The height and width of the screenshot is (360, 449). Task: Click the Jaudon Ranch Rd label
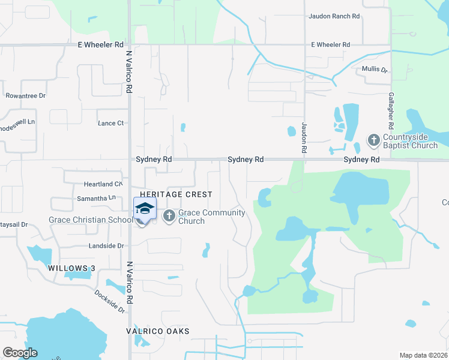333,16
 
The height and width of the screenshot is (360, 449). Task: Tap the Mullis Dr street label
375,70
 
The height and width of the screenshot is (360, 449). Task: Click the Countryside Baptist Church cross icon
373,140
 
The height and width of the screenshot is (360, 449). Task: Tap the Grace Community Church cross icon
169,215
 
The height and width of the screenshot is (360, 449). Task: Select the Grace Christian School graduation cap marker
144,209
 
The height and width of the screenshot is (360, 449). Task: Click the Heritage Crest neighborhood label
176,194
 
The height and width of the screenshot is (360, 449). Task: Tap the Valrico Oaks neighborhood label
157,331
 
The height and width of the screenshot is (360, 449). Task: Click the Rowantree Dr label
26,95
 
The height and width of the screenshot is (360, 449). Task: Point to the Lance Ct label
110,123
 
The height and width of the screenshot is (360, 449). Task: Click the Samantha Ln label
96,197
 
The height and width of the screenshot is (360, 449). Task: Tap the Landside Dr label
107,246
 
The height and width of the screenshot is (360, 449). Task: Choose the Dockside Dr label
109,302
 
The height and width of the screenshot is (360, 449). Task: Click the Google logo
20,353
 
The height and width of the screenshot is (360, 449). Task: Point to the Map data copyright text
424,355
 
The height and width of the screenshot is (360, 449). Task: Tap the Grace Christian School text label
91,220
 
